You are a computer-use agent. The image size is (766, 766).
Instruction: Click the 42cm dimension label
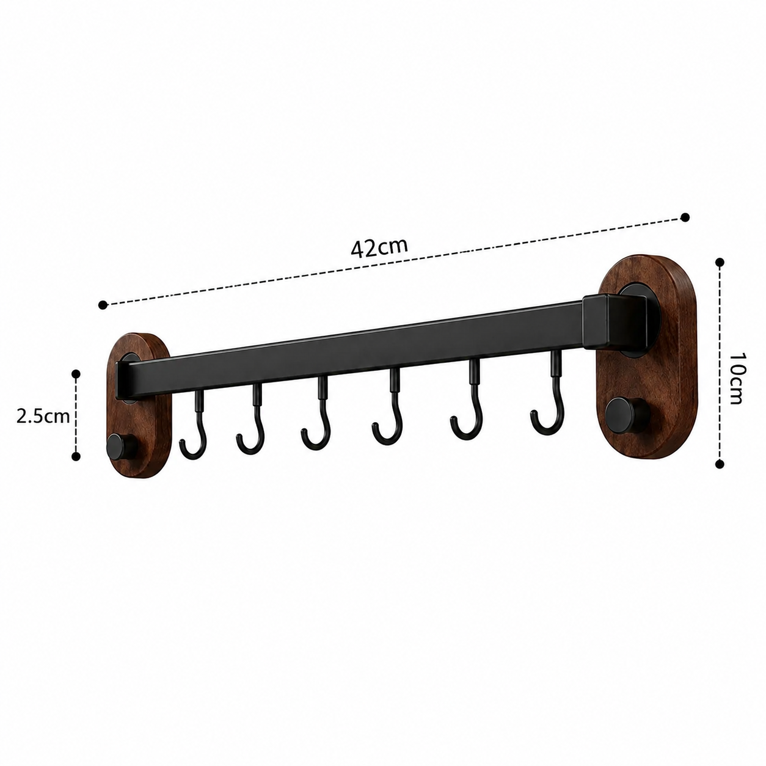(x=379, y=248)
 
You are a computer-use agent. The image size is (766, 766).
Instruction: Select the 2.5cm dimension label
(x=43, y=417)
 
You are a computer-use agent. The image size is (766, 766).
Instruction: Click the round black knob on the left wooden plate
(x=120, y=447)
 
